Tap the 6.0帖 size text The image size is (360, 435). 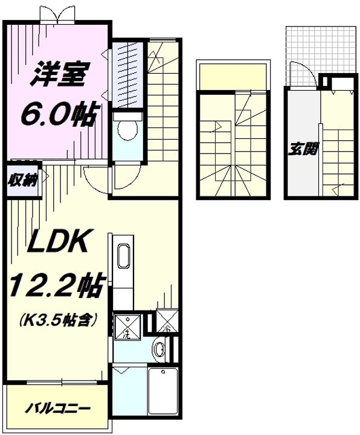59,113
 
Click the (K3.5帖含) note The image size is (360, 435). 59,319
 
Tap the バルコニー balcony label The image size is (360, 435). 59,408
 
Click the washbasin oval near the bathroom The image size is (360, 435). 159,349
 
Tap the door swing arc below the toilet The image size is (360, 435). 97,176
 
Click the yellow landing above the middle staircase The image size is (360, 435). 233,76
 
